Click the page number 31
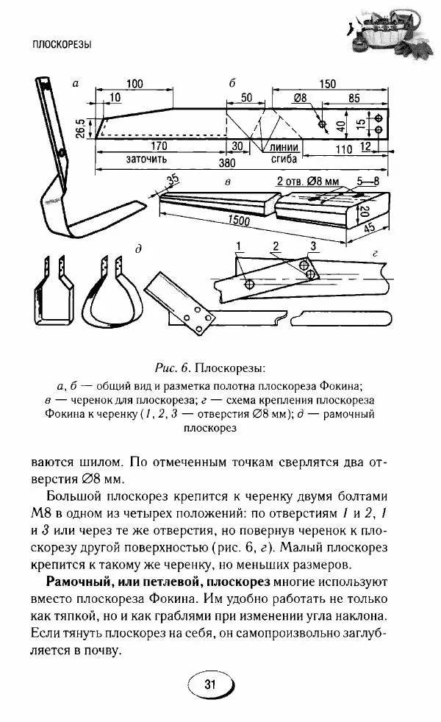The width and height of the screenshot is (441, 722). click(x=210, y=685)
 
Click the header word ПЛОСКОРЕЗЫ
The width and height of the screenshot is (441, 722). click(x=62, y=45)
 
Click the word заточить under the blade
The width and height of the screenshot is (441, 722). click(x=147, y=158)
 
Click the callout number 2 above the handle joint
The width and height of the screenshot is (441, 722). click(x=276, y=245)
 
